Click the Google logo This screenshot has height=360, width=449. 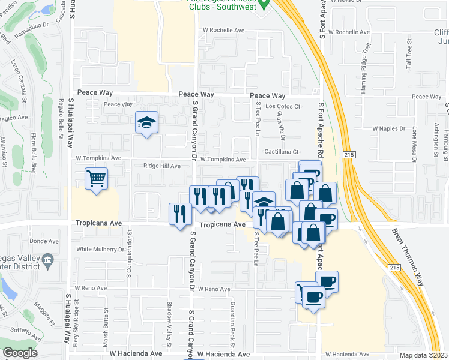coord(20,353)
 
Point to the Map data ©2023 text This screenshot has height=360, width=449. coord(423,355)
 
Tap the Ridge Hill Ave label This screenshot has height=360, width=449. coord(161,166)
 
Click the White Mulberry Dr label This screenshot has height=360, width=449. coord(100,249)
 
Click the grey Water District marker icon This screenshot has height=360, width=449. coord(49,260)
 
